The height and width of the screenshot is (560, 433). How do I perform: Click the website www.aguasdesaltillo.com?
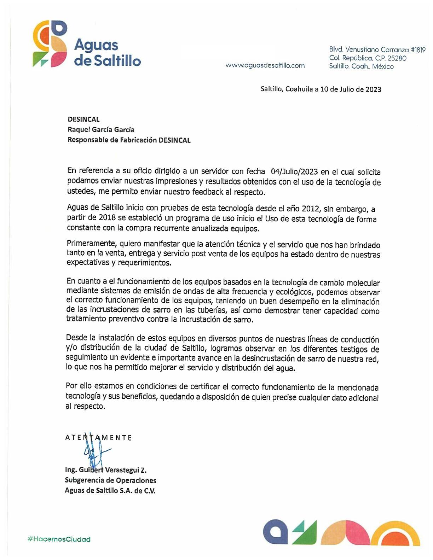(265, 65)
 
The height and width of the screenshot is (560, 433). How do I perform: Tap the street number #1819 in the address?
(418, 50)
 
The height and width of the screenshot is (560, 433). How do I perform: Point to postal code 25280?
(397, 58)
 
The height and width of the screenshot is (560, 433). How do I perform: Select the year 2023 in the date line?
(373, 89)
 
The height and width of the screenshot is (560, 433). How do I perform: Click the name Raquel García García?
(101, 129)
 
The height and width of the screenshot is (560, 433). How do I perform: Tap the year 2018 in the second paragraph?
(107, 218)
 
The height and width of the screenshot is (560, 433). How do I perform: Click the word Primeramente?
(91, 244)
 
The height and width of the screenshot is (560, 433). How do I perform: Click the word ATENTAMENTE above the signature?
(98, 438)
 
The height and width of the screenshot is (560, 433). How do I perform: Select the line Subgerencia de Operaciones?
(110, 480)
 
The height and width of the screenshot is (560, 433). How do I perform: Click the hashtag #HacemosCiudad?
(59, 539)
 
